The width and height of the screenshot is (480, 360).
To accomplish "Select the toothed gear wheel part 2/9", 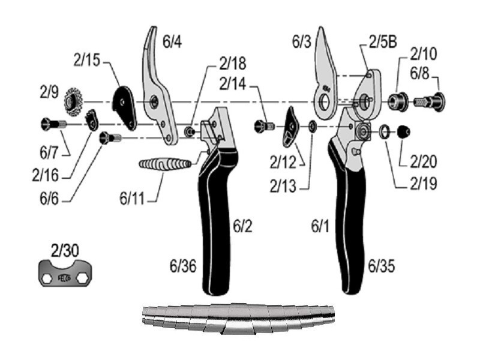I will click(76, 97).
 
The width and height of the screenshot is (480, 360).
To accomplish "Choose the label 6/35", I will click(382, 265).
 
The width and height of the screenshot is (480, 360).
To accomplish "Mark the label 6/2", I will click(244, 226).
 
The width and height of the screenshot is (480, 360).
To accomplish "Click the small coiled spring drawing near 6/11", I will click(164, 163).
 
